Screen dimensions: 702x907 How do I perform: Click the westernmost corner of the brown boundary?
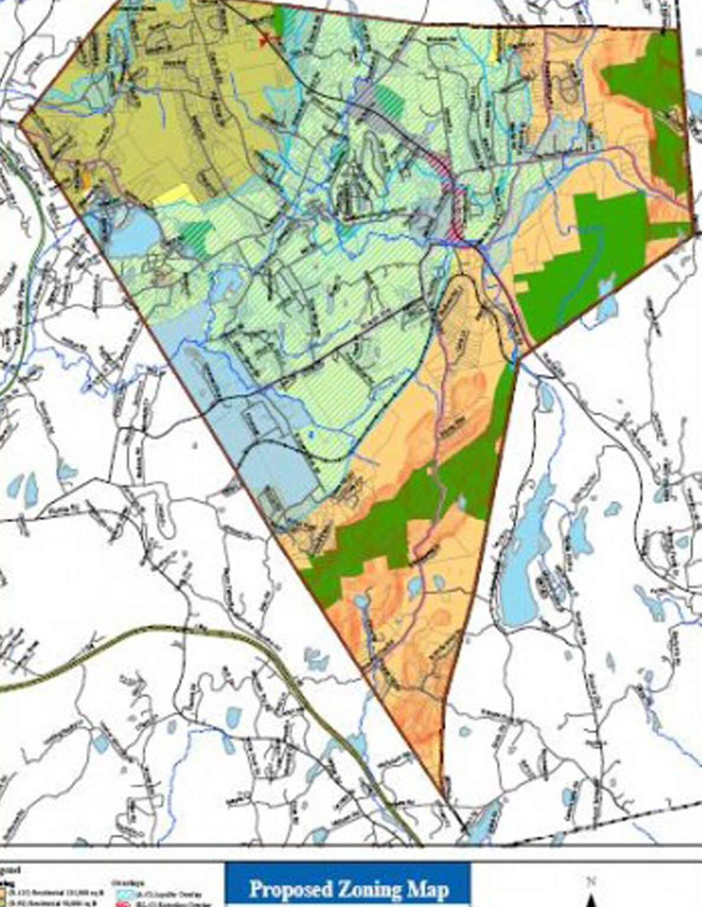coord(21,124)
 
